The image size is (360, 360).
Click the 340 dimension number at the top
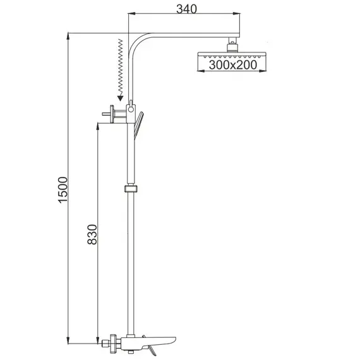tap(186, 9)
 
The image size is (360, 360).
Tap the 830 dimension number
tap(92, 234)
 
